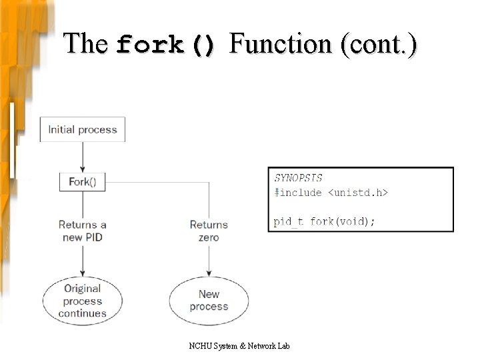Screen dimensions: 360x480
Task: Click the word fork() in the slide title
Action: (166, 45)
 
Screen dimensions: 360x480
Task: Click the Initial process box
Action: (83, 129)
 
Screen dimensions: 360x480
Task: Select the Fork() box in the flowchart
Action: (83, 182)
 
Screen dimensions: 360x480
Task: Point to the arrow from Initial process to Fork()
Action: (83, 157)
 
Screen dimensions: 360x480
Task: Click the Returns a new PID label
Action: (83, 231)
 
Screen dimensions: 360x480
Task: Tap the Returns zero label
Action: (209, 231)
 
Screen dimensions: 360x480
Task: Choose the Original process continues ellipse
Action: (83, 301)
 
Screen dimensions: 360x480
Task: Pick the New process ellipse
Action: (209, 301)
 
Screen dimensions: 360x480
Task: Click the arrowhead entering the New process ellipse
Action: (209, 273)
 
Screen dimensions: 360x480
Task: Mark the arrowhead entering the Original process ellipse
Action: (83, 273)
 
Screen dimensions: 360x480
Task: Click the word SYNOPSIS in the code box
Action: (298, 178)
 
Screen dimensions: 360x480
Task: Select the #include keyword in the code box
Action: (298, 193)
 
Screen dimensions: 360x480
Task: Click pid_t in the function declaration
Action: (289, 221)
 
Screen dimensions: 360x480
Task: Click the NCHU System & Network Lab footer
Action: (239, 345)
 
